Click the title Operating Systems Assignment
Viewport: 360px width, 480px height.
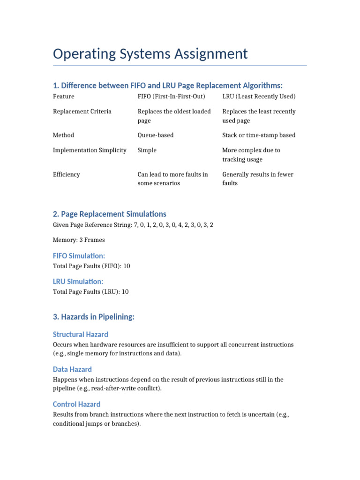click(150, 54)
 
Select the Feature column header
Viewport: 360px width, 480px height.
click(64, 97)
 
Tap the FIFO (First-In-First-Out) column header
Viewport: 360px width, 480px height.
click(171, 97)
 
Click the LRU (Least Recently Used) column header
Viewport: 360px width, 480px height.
click(259, 97)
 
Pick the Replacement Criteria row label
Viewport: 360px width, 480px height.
click(82, 112)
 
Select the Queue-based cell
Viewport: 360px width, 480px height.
click(155, 135)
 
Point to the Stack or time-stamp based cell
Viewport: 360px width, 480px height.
click(259, 135)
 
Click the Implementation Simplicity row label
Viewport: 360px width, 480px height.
click(90, 150)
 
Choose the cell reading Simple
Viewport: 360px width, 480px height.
click(147, 150)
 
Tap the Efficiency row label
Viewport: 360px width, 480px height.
click(67, 174)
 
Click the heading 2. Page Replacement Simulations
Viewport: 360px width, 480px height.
click(110, 214)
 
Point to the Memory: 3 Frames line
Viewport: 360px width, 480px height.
click(79, 240)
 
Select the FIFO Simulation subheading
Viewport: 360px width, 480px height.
click(79, 256)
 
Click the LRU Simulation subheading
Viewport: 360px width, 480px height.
click(78, 282)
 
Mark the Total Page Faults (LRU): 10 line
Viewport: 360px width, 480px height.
click(91, 292)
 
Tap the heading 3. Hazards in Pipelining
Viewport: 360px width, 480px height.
click(94, 317)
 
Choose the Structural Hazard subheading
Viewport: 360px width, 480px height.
click(81, 335)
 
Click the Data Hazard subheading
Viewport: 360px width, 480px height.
click(72, 369)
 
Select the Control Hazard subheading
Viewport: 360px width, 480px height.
click(77, 404)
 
